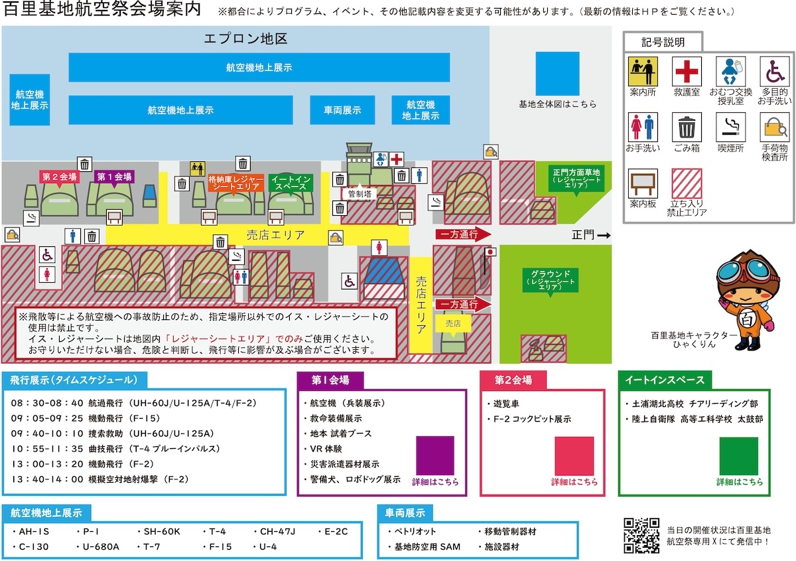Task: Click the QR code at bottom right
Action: click(641, 536)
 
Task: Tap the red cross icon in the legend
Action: click(687, 71)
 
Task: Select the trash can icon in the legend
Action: click(687, 127)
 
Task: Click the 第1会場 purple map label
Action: click(114, 177)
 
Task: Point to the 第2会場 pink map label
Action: click(59, 177)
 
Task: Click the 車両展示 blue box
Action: click(342, 110)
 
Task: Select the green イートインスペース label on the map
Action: click(291, 183)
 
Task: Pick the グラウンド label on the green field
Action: click(551, 280)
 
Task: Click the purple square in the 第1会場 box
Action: click(434, 455)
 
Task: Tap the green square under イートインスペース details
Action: click(739, 455)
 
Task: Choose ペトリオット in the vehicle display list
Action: click(415, 531)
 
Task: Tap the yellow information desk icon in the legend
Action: click(643, 71)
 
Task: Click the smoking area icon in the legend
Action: click(730, 127)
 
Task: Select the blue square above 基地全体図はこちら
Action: click(557, 72)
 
